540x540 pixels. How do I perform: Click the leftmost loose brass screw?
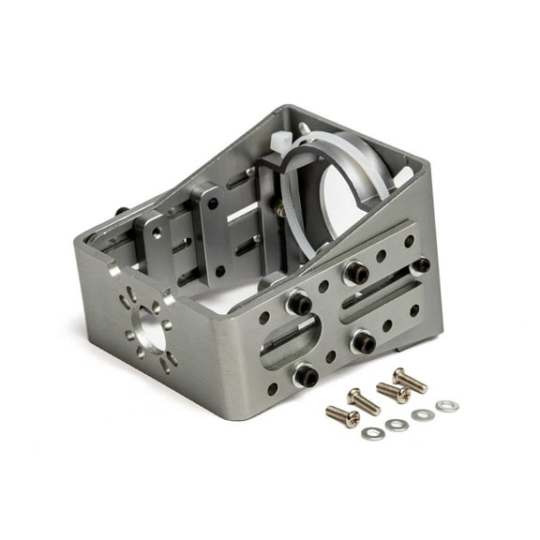[x=342, y=415]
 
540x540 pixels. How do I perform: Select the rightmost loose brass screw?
[x=409, y=380]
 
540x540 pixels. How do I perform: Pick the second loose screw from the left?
[x=364, y=400]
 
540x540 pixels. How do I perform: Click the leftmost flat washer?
[x=372, y=433]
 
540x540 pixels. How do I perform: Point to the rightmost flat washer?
[x=448, y=405]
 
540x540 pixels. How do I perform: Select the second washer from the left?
[x=397, y=425]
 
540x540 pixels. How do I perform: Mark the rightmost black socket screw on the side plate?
[x=421, y=266]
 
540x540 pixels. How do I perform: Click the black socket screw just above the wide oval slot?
[x=298, y=304]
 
